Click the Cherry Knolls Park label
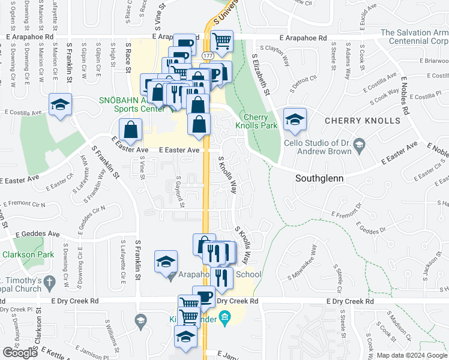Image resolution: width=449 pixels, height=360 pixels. click(x=259, y=121)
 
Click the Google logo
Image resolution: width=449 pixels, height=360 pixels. click(x=20, y=353)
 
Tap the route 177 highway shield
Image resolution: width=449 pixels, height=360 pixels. click(x=208, y=55)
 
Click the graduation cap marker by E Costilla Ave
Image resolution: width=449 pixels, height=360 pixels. click(x=59, y=105)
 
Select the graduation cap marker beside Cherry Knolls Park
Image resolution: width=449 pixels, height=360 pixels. click(x=294, y=119)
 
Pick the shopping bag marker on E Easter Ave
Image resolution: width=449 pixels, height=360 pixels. click(x=130, y=129)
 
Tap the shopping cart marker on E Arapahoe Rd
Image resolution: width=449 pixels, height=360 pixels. click(x=222, y=41)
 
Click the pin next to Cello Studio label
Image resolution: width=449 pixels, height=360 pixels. click(x=359, y=143)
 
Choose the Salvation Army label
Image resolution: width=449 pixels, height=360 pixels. click(x=414, y=37)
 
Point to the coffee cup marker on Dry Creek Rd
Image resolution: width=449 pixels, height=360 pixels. click(x=203, y=296)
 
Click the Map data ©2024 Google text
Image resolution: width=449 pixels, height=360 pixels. click(x=412, y=355)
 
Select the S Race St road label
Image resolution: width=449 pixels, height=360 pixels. click(x=128, y=57)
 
